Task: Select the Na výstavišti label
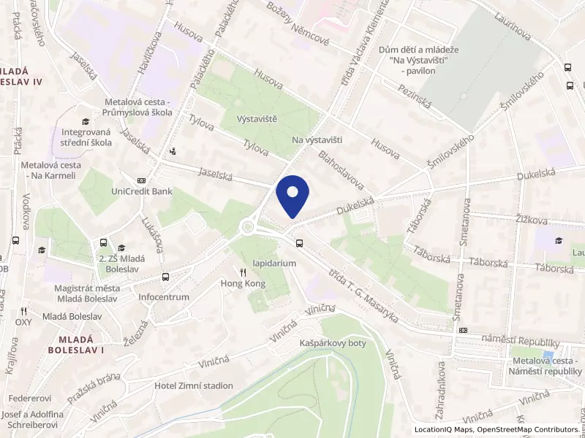317,139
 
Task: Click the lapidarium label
273,263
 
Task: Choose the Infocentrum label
164,297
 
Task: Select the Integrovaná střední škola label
81,137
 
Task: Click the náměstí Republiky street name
521,342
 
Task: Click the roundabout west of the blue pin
248,228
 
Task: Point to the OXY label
23,321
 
